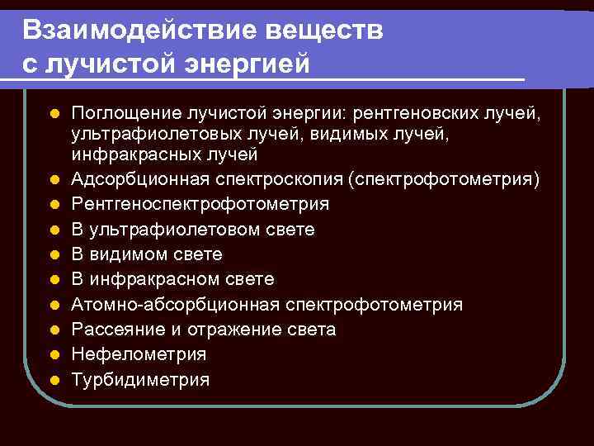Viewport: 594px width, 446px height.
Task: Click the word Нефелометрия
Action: pyautogui.click(x=139, y=354)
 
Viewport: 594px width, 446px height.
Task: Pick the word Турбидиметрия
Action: pyautogui.click(x=140, y=380)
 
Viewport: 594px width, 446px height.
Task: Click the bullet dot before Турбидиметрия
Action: pyautogui.click(x=54, y=381)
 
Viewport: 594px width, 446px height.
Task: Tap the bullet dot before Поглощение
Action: pyautogui.click(x=54, y=112)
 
